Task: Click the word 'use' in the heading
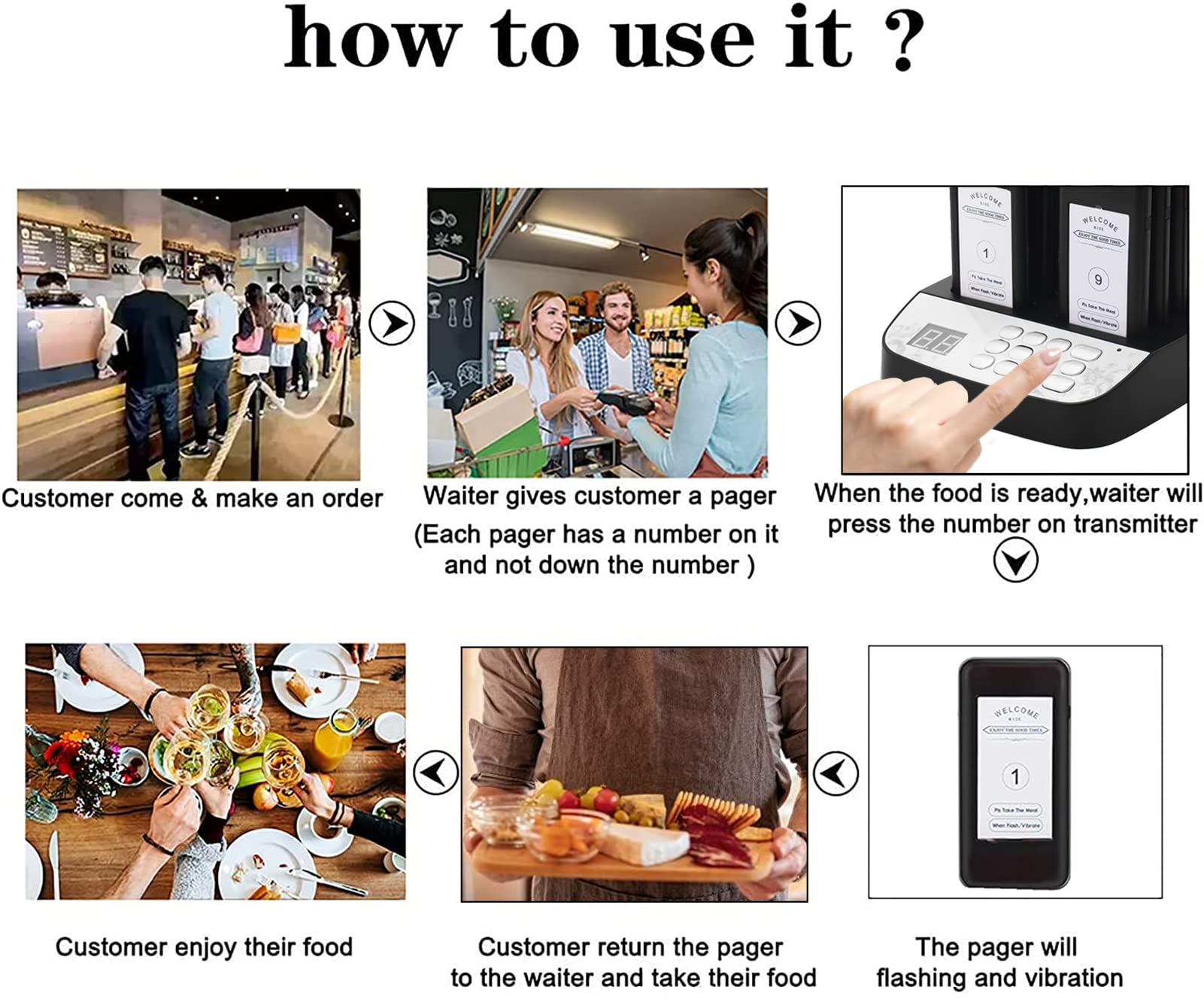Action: pos(683,41)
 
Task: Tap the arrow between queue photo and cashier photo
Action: pos(392,323)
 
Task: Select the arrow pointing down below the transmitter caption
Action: pos(1015,561)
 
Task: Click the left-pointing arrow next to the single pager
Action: pos(835,772)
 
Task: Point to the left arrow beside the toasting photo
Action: pos(435,772)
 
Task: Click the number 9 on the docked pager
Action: pos(1098,280)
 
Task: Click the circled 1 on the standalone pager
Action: pos(1015,776)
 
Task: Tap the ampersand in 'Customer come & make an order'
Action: pos(199,499)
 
